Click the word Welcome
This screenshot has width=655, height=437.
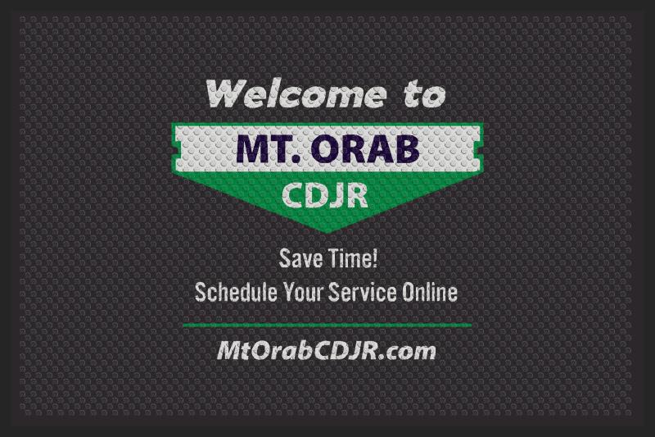(296, 93)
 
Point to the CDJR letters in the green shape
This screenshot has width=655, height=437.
(325, 195)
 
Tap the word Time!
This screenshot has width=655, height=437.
(353, 258)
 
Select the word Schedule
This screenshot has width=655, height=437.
(236, 292)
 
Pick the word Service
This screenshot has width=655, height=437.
(362, 292)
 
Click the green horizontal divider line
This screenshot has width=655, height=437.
(327, 325)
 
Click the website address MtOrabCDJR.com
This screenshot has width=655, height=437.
(326, 350)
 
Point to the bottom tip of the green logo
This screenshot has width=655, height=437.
(327, 233)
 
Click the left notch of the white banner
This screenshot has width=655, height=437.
(178, 149)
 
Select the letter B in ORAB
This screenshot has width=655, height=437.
(406, 149)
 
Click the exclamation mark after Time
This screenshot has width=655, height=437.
(375, 258)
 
